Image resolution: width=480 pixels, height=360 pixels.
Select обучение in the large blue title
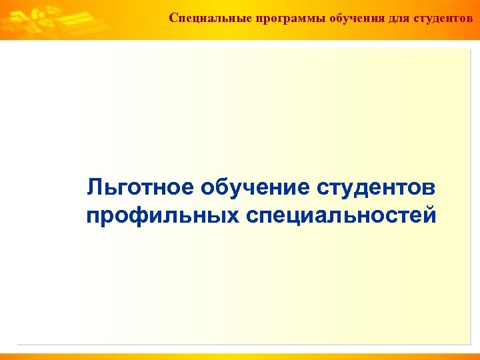coord(253,188)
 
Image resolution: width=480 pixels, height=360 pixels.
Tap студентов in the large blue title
coord(376,188)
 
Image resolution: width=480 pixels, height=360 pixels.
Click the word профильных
coord(162,216)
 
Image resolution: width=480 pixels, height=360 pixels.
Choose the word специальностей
coord(341,216)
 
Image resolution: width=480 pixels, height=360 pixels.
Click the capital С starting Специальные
coord(173,17)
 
